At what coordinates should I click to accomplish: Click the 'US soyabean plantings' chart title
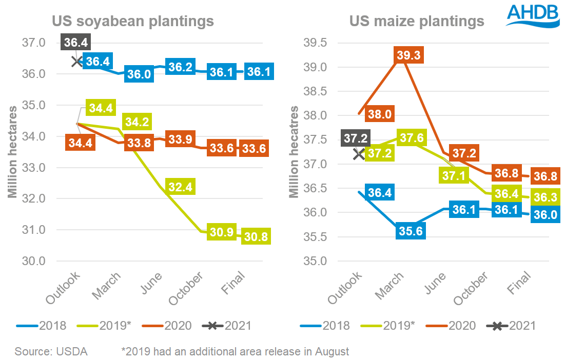click(x=132, y=22)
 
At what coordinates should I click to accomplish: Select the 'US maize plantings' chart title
click(x=417, y=22)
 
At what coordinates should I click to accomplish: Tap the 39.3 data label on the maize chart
click(x=411, y=56)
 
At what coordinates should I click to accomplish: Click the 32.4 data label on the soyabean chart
click(x=180, y=187)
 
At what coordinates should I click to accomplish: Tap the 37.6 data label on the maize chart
click(x=411, y=139)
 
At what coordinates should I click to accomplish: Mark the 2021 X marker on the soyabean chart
click(x=77, y=62)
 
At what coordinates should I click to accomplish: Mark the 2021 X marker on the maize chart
click(x=359, y=153)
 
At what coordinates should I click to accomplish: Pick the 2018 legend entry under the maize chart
click(x=327, y=325)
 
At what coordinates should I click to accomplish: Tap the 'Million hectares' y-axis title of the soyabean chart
click(x=13, y=151)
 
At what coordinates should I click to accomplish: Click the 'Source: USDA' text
click(x=51, y=351)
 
